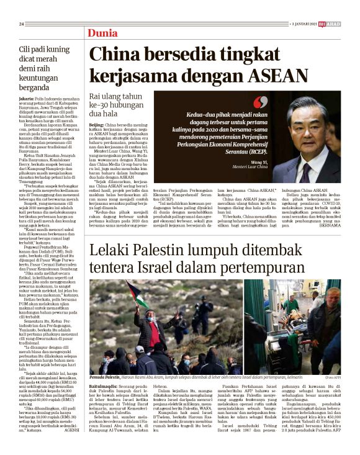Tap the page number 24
pyautogui.click(x=21, y=24)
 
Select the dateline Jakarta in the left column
pyautogui.click(x=27, y=99)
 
